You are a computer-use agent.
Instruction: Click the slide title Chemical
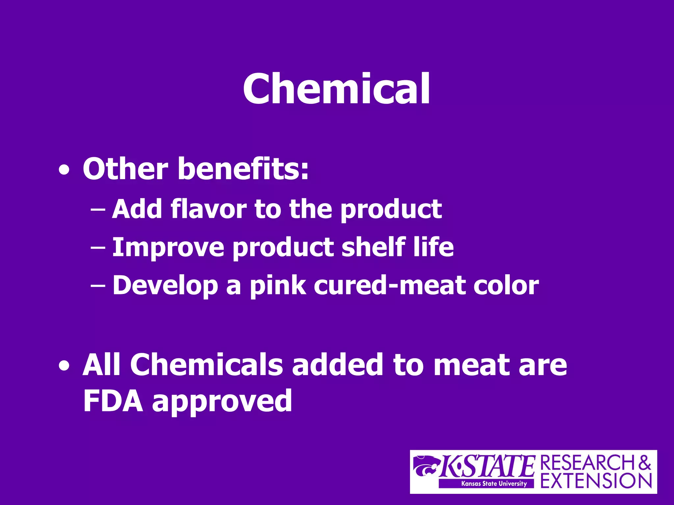click(336, 89)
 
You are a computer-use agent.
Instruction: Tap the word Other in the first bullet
click(125, 169)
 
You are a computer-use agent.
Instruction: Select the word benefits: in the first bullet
click(243, 169)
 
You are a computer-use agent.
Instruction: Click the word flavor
click(209, 209)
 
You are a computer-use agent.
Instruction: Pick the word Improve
click(168, 247)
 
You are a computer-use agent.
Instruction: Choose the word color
click(506, 285)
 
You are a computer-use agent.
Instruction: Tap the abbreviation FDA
click(113, 401)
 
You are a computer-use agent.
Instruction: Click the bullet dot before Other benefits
click(64, 170)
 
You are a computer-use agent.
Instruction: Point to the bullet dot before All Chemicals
click(64, 366)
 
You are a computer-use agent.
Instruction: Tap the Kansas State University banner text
click(494, 484)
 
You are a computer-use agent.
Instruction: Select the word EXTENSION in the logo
click(596, 481)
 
